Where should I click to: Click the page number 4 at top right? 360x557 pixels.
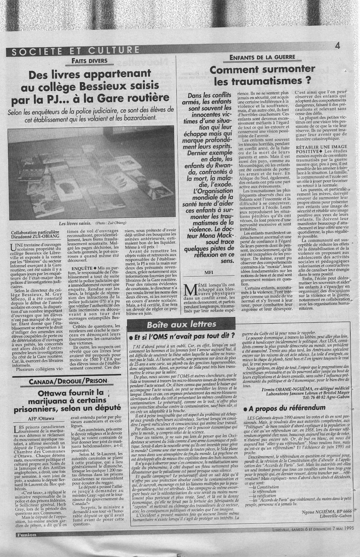pos(337,45)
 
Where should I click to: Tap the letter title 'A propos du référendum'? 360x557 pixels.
pos(287,408)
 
